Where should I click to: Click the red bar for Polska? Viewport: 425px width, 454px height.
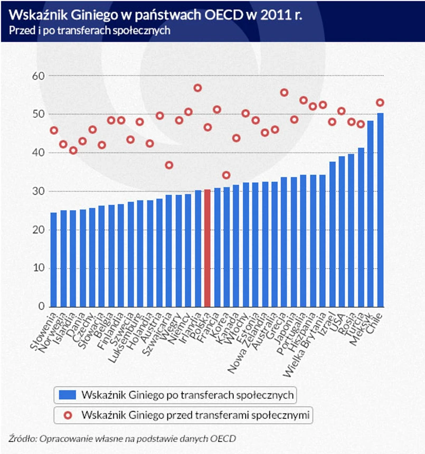click(x=207, y=248)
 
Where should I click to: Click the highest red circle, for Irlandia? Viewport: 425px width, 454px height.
click(x=197, y=88)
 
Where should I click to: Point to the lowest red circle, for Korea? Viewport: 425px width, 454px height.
click(x=226, y=175)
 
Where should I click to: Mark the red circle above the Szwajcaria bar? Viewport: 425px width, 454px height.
click(x=169, y=165)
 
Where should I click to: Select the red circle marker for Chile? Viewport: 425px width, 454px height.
click(x=380, y=102)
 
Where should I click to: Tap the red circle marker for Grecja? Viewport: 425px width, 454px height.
click(x=284, y=92)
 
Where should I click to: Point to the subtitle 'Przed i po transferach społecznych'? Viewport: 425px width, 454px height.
click(x=89, y=31)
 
